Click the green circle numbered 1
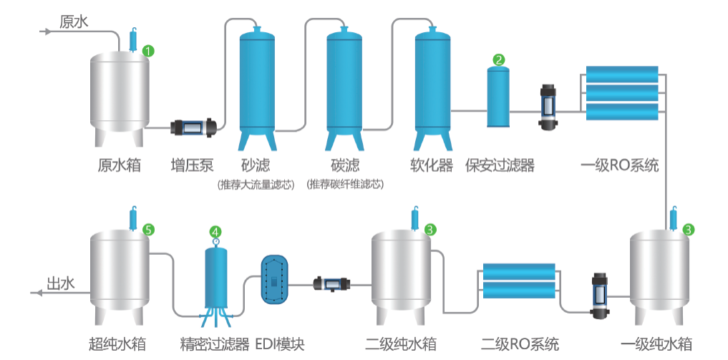tap(148, 51)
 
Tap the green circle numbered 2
tap(499, 60)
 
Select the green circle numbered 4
tap(215, 230)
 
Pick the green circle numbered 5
tap(148, 230)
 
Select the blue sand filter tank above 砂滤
tap(256, 82)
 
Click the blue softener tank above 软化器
tap(432, 82)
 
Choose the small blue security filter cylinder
tap(498, 97)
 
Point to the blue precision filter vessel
tap(215, 279)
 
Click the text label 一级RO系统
tap(619, 166)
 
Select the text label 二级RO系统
tap(520, 344)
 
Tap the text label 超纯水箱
tap(118, 344)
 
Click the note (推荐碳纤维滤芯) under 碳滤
tap(344, 185)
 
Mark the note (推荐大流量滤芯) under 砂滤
tap(256, 185)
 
